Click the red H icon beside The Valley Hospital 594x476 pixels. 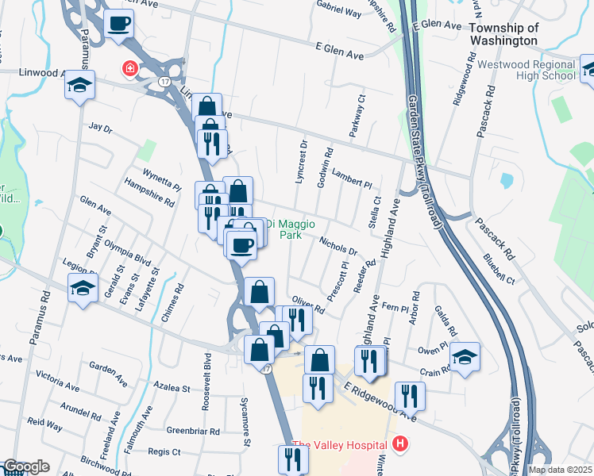click(401, 444)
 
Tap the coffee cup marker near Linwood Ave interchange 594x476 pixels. click(118, 24)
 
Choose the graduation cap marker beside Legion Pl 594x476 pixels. click(80, 289)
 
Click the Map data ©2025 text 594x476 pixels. click(560, 470)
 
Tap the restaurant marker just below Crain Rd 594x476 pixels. click(409, 395)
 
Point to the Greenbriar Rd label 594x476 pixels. click(193, 431)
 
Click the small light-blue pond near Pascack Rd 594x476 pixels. click(507, 180)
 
